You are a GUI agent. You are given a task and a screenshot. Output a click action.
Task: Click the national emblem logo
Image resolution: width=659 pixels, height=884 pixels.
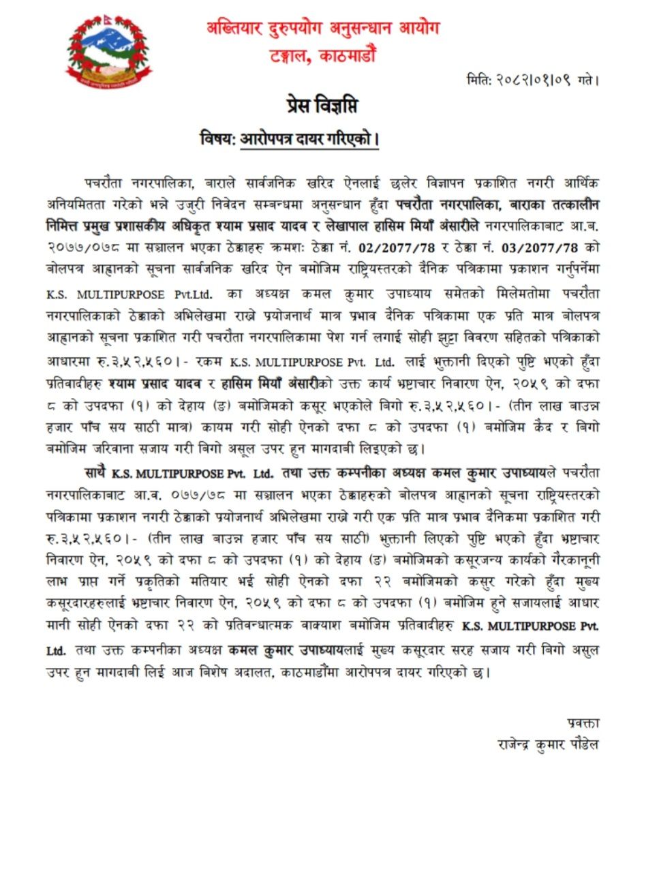(110, 52)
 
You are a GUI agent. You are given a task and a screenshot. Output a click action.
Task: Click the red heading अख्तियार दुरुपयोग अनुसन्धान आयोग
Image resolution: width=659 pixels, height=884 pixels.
(323, 28)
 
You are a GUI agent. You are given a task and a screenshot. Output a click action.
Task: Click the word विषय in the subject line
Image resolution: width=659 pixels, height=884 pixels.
(216, 139)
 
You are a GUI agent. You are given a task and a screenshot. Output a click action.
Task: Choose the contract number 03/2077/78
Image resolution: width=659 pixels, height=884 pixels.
(539, 248)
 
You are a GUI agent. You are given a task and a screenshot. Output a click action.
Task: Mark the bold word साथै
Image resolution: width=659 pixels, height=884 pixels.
(95, 472)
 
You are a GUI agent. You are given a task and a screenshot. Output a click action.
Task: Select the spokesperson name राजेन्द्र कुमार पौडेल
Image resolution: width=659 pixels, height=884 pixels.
(548, 745)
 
